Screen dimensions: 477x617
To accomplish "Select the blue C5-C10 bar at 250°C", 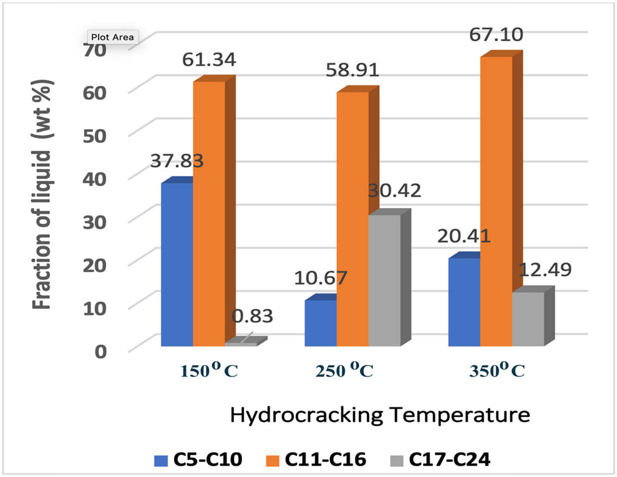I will (320, 323).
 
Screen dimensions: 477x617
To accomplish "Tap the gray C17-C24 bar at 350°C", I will (528, 319).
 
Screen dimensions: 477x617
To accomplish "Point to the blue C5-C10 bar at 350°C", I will (464, 302).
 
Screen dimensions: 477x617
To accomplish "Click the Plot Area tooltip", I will (111, 37).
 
